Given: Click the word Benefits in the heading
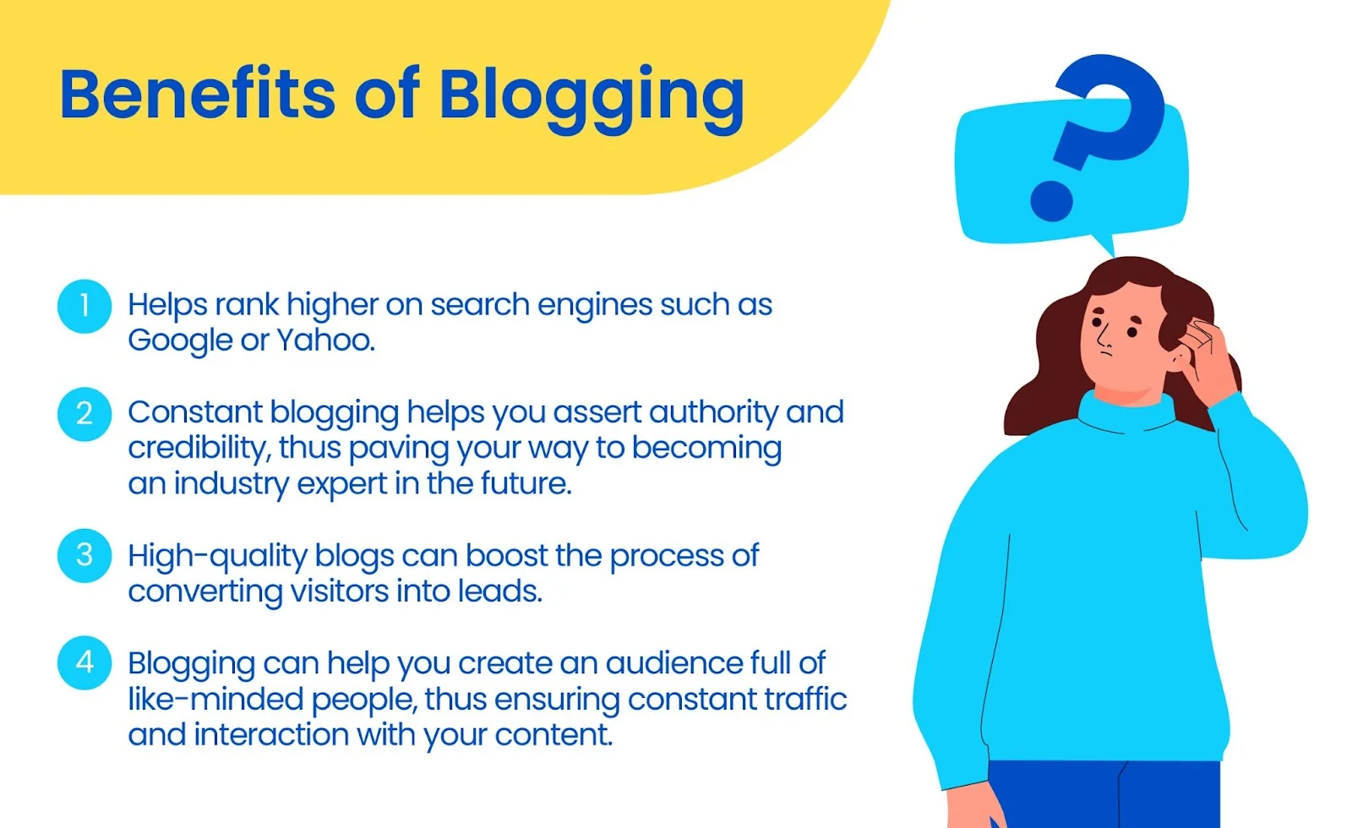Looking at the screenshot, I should tap(198, 94).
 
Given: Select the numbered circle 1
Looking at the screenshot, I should tap(84, 306).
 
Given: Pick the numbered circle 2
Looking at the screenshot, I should tap(84, 414).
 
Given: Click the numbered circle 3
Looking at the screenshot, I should tap(84, 555).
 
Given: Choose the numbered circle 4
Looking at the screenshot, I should tap(84, 662).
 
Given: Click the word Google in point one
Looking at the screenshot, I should tap(179, 340).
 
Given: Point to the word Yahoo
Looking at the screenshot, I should tap(324, 340).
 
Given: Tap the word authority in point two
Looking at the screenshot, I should tap(713, 412).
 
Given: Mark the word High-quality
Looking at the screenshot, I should tap(217, 557).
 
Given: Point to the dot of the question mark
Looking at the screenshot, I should tap(1051, 200).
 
